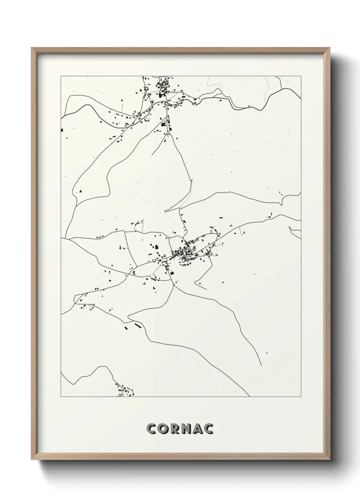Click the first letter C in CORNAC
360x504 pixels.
pyautogui.click(x=151, y=429)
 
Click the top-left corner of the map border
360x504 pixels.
pyautogui.click(x=61, y=76)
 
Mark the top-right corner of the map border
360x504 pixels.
pyautogui.click(x=301, y=76)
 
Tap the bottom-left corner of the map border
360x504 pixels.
pyautogui.click(x=61, y=397)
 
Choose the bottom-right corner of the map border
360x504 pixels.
pyautogui.click(x=301, y=397)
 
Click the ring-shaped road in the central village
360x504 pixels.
pyautogui.click(x=188, y=252)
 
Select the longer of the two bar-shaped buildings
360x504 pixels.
pyautogui.click(x=138, y=326)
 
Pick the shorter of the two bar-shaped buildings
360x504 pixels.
pyautogui.click(x=126, y=328)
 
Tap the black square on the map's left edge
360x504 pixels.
pyautogui.click(x=62, y=129)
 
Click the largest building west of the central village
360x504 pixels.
pyautogui.click(x=156, y=247)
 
